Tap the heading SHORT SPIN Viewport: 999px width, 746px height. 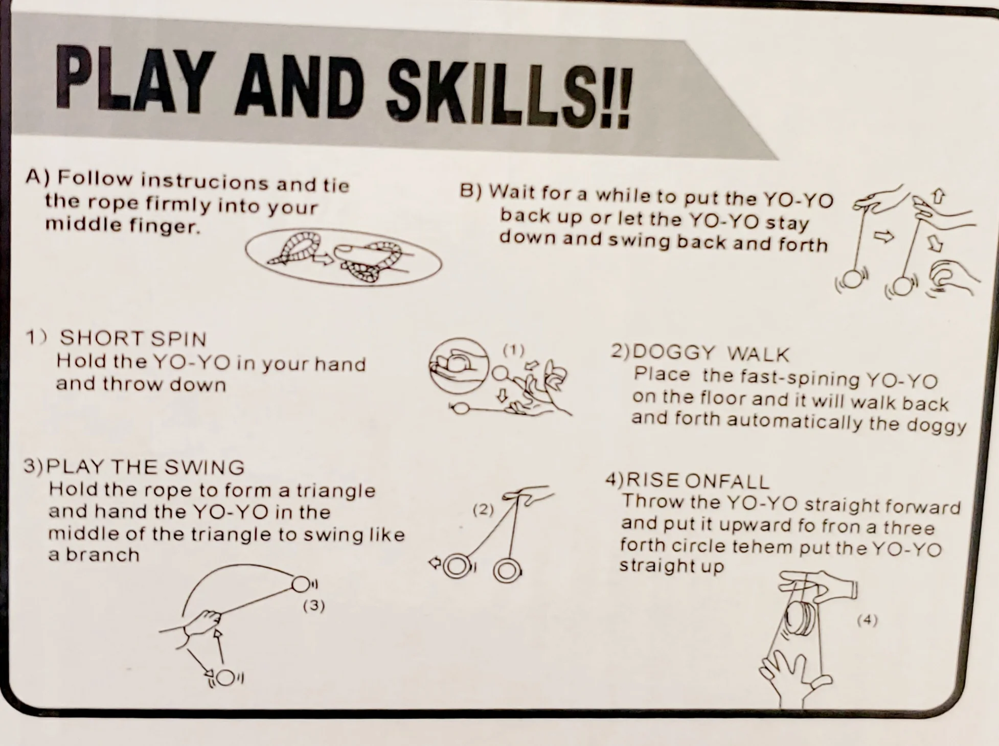tap(133, 338)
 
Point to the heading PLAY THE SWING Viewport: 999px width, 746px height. tap(145, 467)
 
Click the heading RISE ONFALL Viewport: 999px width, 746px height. tap(698, 481)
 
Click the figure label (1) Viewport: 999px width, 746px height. tap(513, 350)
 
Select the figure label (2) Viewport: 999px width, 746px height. tap(483, 509)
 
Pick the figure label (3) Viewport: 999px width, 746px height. tap(314, 605)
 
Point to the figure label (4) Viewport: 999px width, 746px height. tap(867, 620)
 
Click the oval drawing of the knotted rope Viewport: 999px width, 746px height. tap(344, 257)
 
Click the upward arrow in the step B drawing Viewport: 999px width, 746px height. tap(939, 197)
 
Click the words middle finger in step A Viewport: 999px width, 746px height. tap(122, 225)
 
